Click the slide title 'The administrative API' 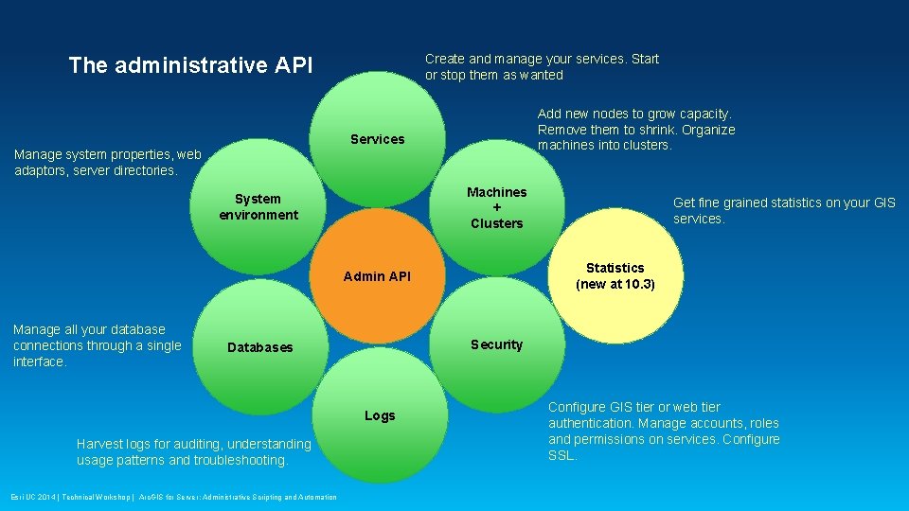tap(190, 65)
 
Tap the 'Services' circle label tap(377, 139)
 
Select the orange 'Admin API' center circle tap(377, 276)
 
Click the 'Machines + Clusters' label tap(496, 207)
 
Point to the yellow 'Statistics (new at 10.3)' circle tap(615, 276)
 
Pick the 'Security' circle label tap(496, 344)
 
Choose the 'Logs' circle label tap(380, 415)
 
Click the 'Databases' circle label tap(259, 347)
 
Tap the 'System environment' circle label tap(258, 206)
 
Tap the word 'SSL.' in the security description tap(562, 455)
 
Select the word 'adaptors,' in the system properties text tap(41, 170)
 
